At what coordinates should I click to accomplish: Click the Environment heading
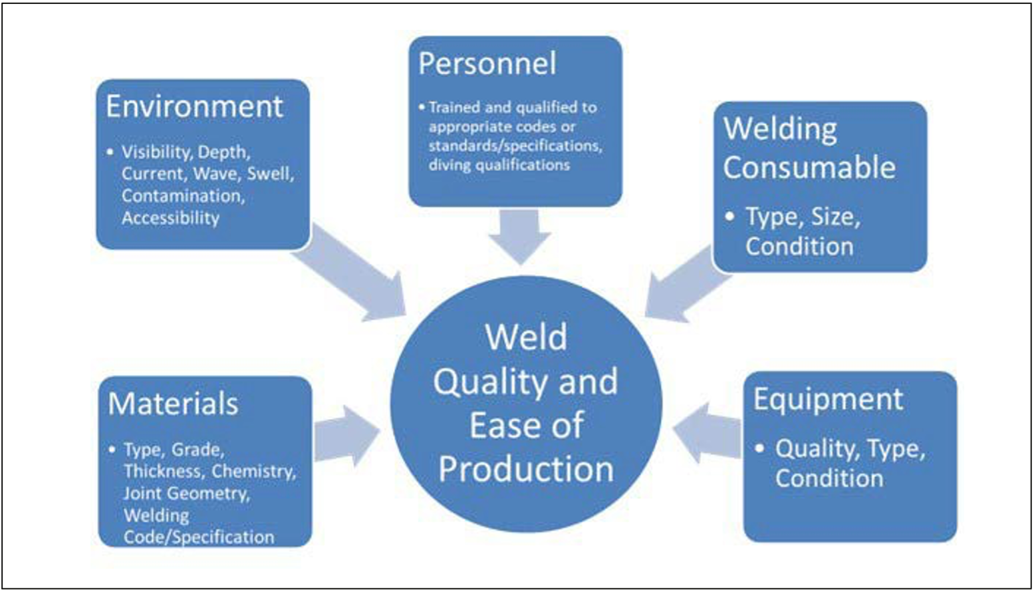click(x=194, y=106)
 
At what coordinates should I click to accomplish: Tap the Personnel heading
click(x=487, y=64)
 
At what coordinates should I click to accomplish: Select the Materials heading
click(x=173, y=404)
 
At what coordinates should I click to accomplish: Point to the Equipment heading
click(x=828, y=399)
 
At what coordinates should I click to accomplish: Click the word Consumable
click(x=809, y=167)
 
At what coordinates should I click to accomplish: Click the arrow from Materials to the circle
click(x=346, y=436)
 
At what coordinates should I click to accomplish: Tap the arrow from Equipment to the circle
click(x=706, y=432)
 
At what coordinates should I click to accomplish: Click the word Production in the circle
click(x=526, y=469)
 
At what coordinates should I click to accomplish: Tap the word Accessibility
click(x=170, y=218)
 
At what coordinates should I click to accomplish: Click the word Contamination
click(x=183, y=196)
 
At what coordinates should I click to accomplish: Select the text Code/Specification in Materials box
click(x=199, y=537)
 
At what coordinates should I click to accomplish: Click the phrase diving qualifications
click(x=499, y=165)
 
